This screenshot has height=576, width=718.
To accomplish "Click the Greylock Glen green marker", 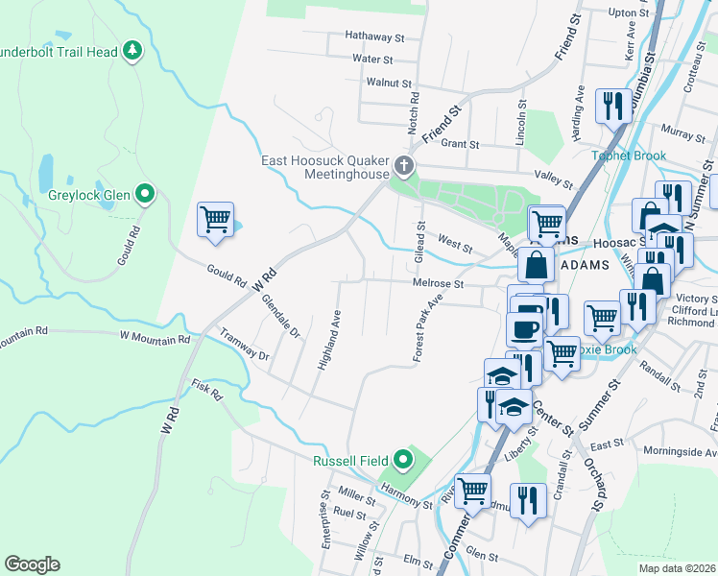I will point(145,196).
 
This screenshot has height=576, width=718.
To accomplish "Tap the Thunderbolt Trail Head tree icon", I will point(133,51).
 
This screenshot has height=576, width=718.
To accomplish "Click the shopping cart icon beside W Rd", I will point(215,219).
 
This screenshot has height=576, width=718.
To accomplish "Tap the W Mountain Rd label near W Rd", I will point(155,338).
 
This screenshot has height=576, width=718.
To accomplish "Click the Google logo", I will point(32,564).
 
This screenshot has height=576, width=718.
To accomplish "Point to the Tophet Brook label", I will point(621,156).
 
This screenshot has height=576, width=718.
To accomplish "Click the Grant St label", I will point(460,144).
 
